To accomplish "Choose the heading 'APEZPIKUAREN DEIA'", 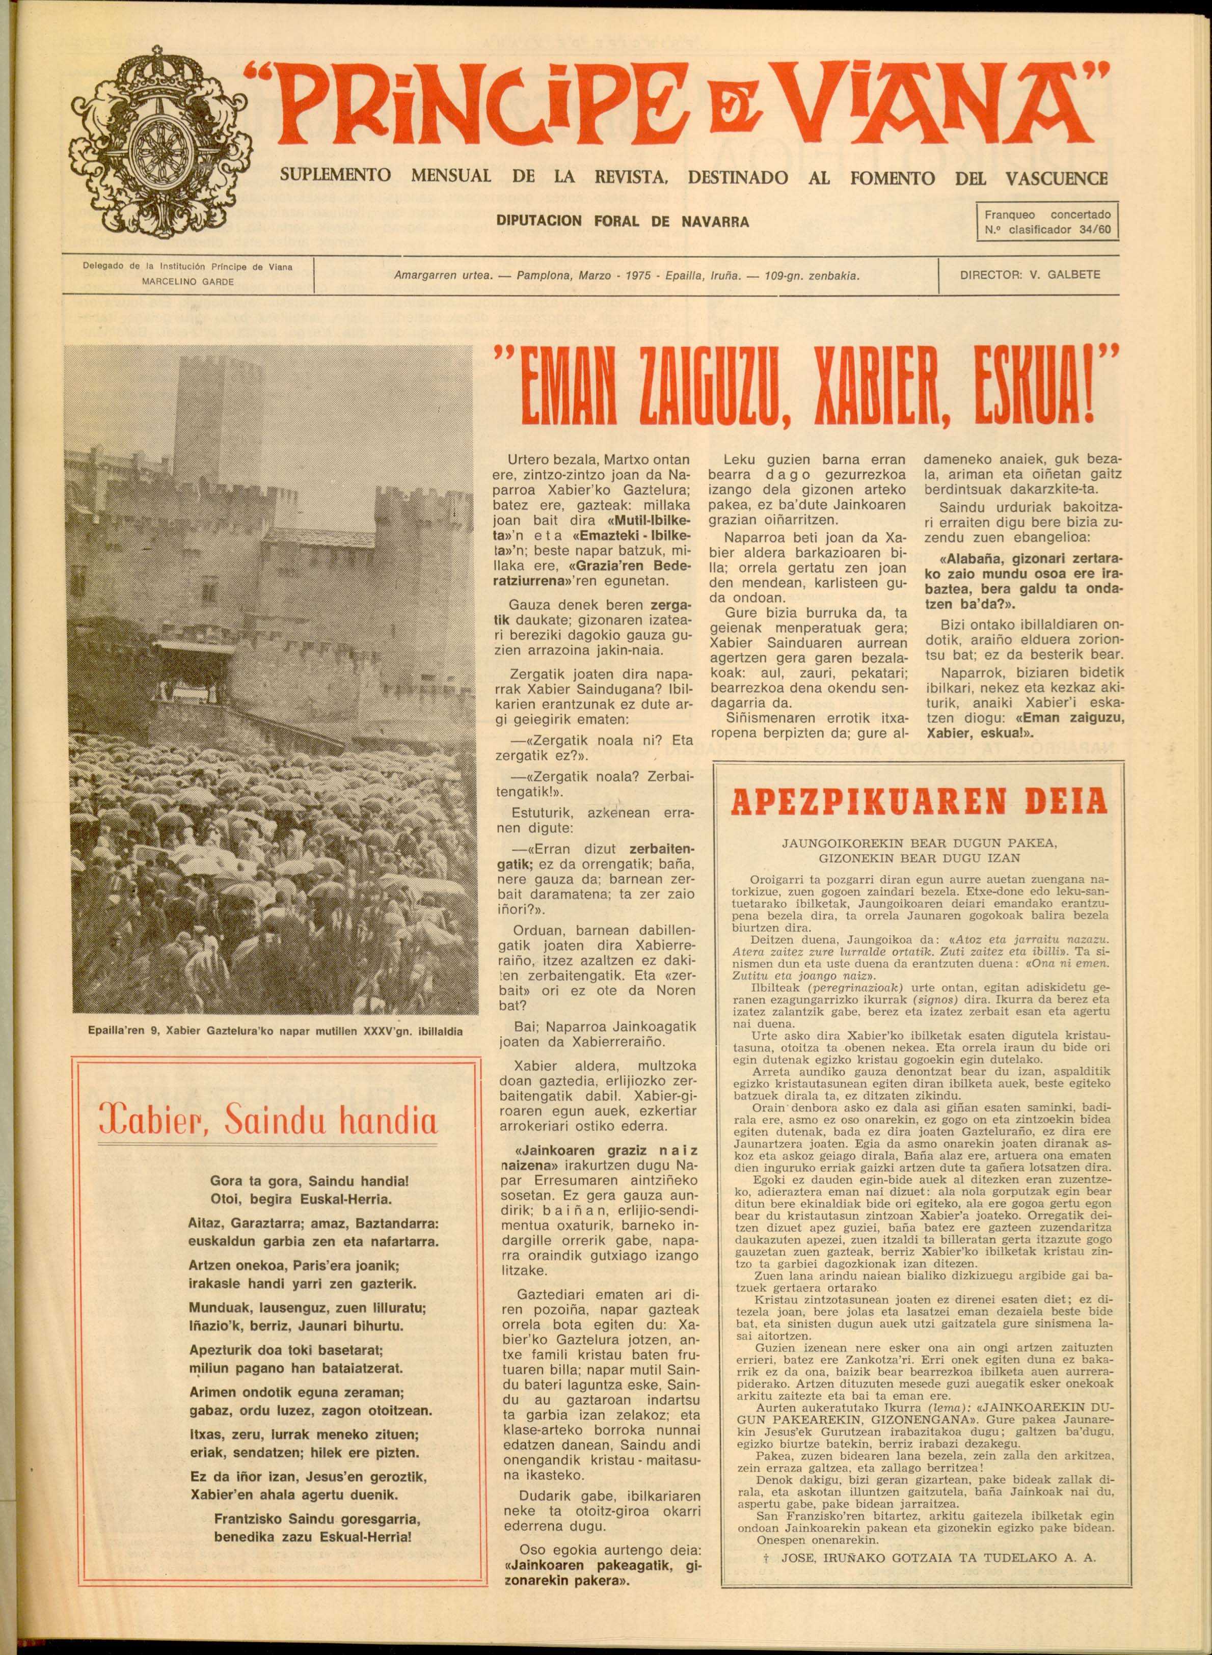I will point(913,802).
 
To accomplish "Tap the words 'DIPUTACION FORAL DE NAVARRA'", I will point(623,220).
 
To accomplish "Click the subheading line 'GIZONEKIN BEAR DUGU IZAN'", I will point(912,856).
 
